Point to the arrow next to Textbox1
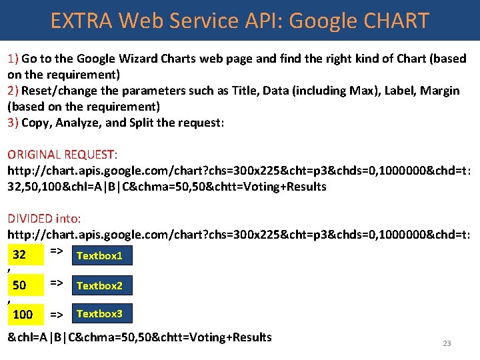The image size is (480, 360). point(57,251)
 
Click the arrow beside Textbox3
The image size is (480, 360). point(57,314)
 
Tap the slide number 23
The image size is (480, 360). point(447,343)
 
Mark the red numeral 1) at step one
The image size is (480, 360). point(13,59)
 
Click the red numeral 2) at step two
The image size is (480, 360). point(13,91)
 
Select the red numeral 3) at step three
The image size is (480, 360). point(13,123)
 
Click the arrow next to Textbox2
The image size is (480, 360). point(57,283)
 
